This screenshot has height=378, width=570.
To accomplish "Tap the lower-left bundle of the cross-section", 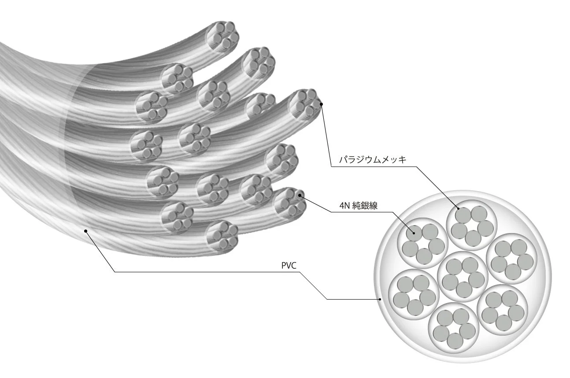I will [x=414, y=290].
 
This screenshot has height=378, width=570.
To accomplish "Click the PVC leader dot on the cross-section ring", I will [x=380, y=299].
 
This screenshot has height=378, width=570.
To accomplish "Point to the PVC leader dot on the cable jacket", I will [x=86, y=230].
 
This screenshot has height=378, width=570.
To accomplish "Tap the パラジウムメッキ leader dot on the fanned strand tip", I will [x=322, y=104].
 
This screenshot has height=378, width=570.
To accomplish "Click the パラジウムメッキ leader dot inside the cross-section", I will [x=459, y=208].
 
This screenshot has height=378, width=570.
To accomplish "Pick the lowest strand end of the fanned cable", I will [x=222, y=235].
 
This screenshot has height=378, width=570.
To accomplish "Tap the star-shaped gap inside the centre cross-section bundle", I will [x=463, y=274].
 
